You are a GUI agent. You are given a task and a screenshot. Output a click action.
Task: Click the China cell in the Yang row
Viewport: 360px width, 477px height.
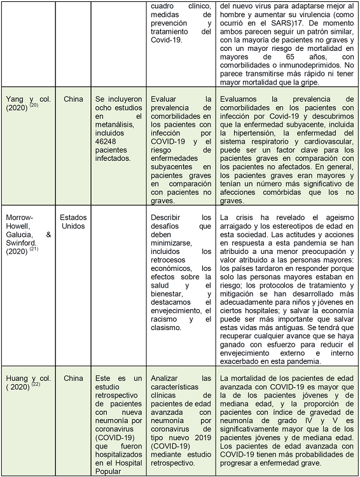pos(73,99)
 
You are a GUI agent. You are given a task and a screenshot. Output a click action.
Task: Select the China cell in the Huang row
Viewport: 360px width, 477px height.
pos(73,378)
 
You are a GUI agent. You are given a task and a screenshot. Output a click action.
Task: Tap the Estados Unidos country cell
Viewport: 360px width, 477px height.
pos(73,222)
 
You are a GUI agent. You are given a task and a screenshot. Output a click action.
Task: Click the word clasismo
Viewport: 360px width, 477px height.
pos(169,328)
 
